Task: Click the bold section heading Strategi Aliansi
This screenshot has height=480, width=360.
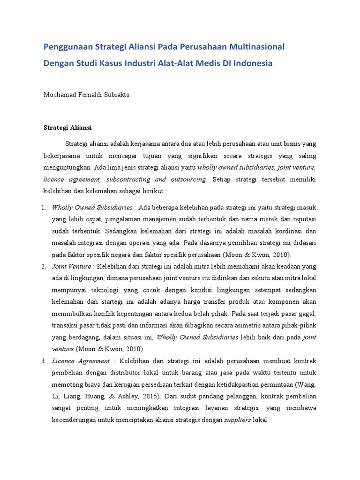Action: coord(67,127)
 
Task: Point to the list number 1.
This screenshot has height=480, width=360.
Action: coord(44,207)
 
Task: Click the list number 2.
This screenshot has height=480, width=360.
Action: coord(44,266)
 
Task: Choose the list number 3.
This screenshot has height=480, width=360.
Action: coord(44,361)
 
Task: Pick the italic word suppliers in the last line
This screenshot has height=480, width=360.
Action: coord(237,420)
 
